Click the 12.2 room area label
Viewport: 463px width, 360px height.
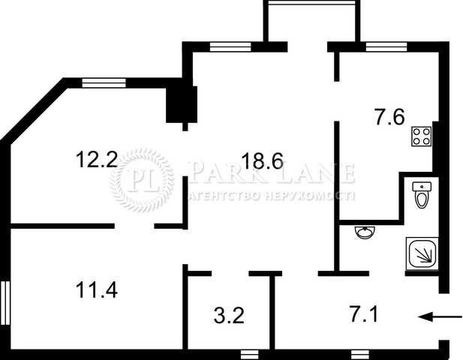click(x=97, y=159)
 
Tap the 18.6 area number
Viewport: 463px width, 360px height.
click(x=262, y=160)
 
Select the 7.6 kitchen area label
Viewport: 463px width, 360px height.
click(x=389, y=117)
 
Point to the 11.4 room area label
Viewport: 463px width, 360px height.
click(x=97, y=289)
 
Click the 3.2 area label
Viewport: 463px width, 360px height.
click(x=229, y=316)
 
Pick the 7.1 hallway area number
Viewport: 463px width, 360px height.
click(x=363, y=314)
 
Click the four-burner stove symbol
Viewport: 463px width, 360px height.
click(x=422, y=136)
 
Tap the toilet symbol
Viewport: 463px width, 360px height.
click(x=422, y=195)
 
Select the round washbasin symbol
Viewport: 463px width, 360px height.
click(x=365, y=232)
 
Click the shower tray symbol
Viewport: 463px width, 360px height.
click(x=422, y=253)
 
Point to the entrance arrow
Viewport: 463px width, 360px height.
click(x=440, y=317)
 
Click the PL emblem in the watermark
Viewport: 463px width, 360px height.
click(x=142, y=180)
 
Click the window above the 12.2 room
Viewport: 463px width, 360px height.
click(x=104, y=83)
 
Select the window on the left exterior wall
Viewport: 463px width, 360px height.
click(x=5, y=303)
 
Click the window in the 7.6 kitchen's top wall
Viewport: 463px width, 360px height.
click(x=386, y=47)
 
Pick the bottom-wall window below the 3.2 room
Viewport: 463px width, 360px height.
click(x=250, y=355)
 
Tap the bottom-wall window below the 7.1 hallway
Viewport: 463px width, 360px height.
click(x=360, y=355)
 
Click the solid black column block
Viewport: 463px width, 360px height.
click(x=182, y=104)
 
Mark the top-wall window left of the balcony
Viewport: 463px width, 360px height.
click(x=230, y=47)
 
